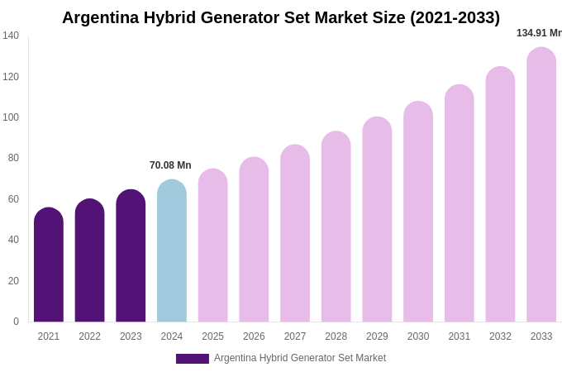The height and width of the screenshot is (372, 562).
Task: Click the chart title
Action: pyautogui.click(x=281, y=17)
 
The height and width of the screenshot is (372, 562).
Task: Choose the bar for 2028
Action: pyautogui.click(x=336, y=227)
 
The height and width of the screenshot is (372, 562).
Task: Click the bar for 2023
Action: pyautogui.click(x=131, y=255)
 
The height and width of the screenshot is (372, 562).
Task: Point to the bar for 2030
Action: pyautogui.click(x=418, y=212)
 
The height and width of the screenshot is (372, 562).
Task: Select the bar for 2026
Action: pyautogui.click(x=254, y=240)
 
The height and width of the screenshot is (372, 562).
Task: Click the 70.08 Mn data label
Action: pyautogui.click(x=170, y=165)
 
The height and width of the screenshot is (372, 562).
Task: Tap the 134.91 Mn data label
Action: pyautogui.click(x=539, y=33)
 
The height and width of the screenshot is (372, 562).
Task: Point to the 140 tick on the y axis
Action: pyautogui.click(x=11, y=36)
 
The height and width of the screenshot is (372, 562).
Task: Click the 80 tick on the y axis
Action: pyautogui.click(x=13, y=158)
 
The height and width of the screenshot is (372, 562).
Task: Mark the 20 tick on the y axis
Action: pyautogui.click(x=13, y=281)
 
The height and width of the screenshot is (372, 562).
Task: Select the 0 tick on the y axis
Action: pyautogui.click(x=16, y=322)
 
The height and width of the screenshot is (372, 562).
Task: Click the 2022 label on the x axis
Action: pyautogui.click(x=89, y=336)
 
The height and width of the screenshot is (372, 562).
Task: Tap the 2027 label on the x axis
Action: pyautogui.click(x=295, y=336)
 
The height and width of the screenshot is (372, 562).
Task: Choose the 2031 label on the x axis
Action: pyautogui.click(x=460, y=336)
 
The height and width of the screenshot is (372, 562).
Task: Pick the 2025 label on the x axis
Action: pyautogui.click(x=213, y=336)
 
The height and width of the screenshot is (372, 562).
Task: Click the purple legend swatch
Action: pyautogui.click(x=192, y=359)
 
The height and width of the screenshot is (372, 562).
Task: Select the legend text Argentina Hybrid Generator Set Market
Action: pyautogui.click(x=300, y=358)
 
